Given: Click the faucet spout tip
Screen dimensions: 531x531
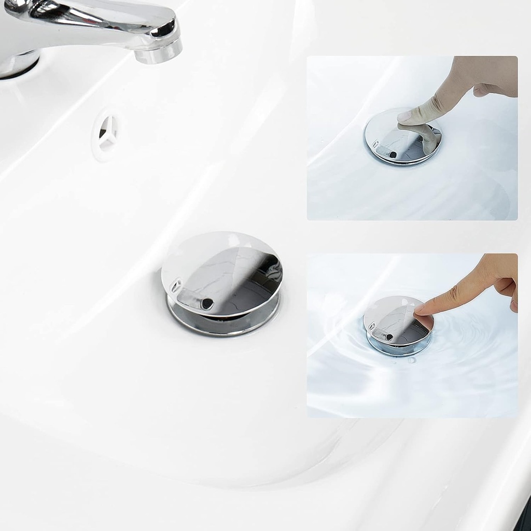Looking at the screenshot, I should click(158, 52).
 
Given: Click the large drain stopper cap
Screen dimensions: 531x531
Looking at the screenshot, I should click(222, 272).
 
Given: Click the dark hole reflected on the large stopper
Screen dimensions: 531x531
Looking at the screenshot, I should click(207, 304).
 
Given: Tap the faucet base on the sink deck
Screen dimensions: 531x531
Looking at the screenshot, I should click(18, 65).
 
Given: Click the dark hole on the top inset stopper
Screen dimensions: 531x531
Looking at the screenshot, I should click(393, 154).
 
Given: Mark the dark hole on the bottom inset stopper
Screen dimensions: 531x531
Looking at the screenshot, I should click(389, 338).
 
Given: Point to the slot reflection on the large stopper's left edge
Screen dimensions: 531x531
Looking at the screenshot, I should click(176, 286).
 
